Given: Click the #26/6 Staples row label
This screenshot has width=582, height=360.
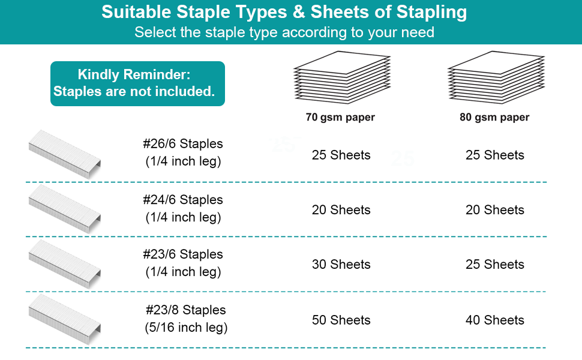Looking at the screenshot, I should point(183,144).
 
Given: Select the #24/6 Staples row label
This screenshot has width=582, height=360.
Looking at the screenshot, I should point(183,200).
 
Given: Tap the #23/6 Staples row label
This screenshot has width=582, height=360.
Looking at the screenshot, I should point(183,254).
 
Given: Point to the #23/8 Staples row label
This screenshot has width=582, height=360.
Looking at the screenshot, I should point(185,310).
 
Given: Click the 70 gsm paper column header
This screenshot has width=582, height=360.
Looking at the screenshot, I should point(340,117).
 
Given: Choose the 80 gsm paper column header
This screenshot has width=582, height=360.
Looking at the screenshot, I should point(494,117).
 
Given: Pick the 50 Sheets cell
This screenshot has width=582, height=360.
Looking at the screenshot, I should point(341,320).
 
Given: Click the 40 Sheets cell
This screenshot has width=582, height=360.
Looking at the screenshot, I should point(494,320).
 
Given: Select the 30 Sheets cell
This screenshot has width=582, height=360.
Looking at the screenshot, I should point(341,265).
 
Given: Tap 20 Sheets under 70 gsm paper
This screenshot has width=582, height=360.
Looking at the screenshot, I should point(341,210).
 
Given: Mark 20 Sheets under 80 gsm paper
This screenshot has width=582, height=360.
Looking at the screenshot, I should point(494,210).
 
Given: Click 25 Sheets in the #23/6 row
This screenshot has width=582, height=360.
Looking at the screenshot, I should point(494,265).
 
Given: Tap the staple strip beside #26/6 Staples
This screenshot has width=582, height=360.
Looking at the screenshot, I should point(64,154).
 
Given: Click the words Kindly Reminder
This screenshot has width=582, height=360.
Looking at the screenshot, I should point(134,75).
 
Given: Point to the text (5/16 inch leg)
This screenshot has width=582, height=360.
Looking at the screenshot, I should point(186,328).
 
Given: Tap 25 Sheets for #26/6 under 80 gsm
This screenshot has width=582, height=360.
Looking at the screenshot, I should point(494,155).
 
